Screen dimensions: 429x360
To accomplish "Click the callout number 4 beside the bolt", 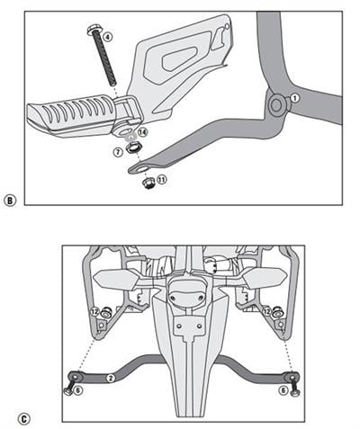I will click(108, 38).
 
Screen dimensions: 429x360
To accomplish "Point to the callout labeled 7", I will click(117, 152).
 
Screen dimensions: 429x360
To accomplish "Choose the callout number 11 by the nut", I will click(161, 181).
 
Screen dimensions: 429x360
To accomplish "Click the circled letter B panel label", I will click(10, 201).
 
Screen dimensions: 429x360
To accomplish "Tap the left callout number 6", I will click(78, 391).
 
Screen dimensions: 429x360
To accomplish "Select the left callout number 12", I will click(94, 312).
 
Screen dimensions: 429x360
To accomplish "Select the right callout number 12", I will click(267, 312).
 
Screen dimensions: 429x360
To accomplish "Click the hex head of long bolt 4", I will click(94, 31).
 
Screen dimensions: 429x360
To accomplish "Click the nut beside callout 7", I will click(131, 148).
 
